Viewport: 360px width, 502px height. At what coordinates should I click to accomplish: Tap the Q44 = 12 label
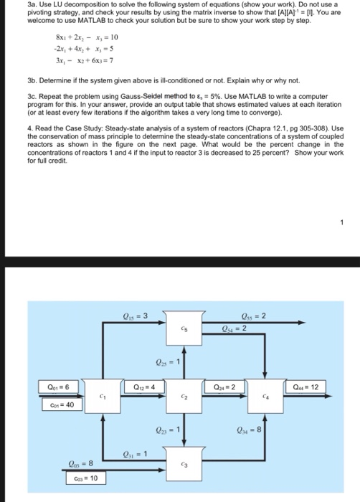[x=311, y=387]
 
